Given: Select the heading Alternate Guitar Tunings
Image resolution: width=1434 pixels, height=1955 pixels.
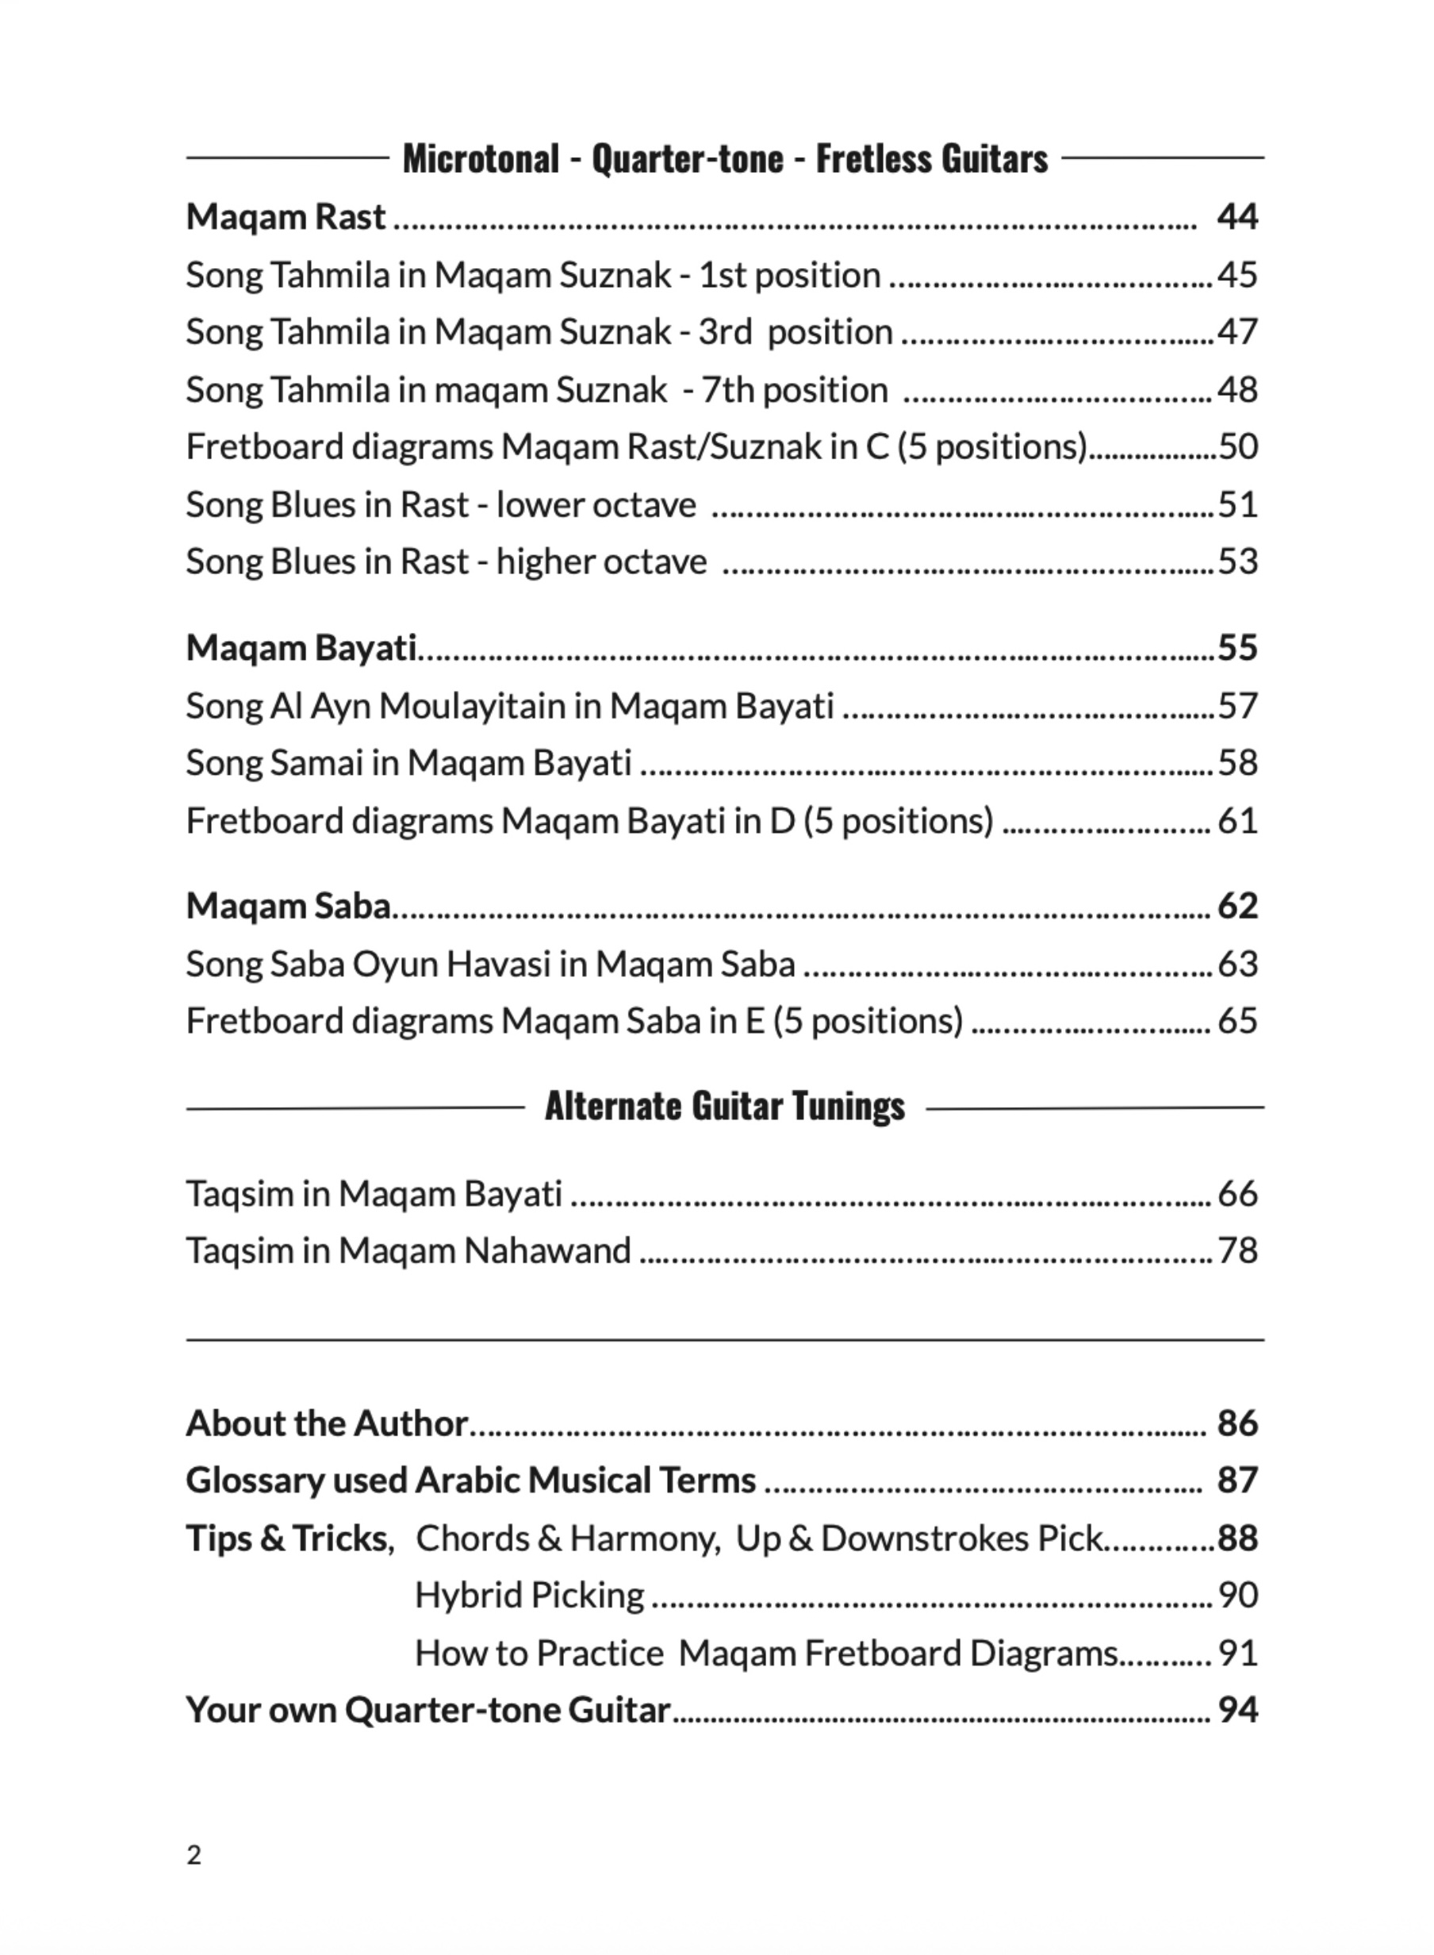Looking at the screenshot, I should click(x=725, y=1107).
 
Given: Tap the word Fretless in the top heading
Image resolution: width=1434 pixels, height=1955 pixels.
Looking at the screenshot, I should click(x=883, y=159).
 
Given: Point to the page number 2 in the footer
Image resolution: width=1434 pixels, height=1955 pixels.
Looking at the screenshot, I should click(x=194, y=1855).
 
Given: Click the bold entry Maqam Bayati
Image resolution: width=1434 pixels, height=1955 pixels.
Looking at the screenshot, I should click(x=301, y=649).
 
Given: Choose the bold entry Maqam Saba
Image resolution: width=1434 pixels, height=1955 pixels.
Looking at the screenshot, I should click(x=288, y=907).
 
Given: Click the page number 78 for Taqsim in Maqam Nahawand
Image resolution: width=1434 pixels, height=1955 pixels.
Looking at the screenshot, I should click(x=1238, y=1251).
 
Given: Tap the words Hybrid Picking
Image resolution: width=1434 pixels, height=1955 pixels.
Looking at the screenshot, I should click(x=530, y=1596).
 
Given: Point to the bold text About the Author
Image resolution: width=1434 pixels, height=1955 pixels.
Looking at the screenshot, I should click(x=328, y=1424).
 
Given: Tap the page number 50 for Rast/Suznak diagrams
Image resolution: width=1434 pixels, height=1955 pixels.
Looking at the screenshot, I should click(x=1239, y=447).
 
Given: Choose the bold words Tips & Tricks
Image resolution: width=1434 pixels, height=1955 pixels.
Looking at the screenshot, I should click(x=286, y=1539).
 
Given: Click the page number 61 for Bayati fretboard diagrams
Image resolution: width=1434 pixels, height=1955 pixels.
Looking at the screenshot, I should click(x=1238, y=821).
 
